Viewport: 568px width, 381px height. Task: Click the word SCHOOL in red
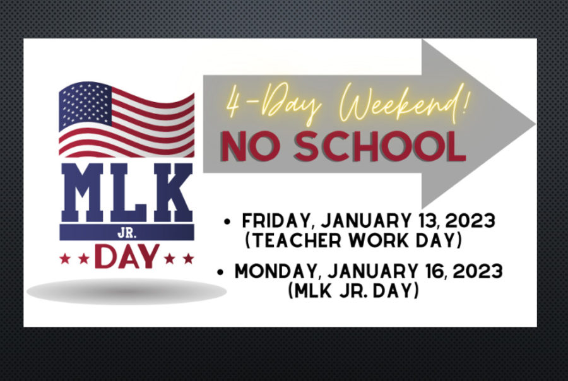380,146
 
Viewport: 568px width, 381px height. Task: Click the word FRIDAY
276,221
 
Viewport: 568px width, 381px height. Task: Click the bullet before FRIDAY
227,221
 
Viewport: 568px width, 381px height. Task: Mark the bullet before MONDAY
220,272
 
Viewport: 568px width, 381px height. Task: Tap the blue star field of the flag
85,105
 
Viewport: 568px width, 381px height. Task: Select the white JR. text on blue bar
127,233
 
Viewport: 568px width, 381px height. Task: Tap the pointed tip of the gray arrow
535,124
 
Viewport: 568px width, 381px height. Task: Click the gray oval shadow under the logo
126,291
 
